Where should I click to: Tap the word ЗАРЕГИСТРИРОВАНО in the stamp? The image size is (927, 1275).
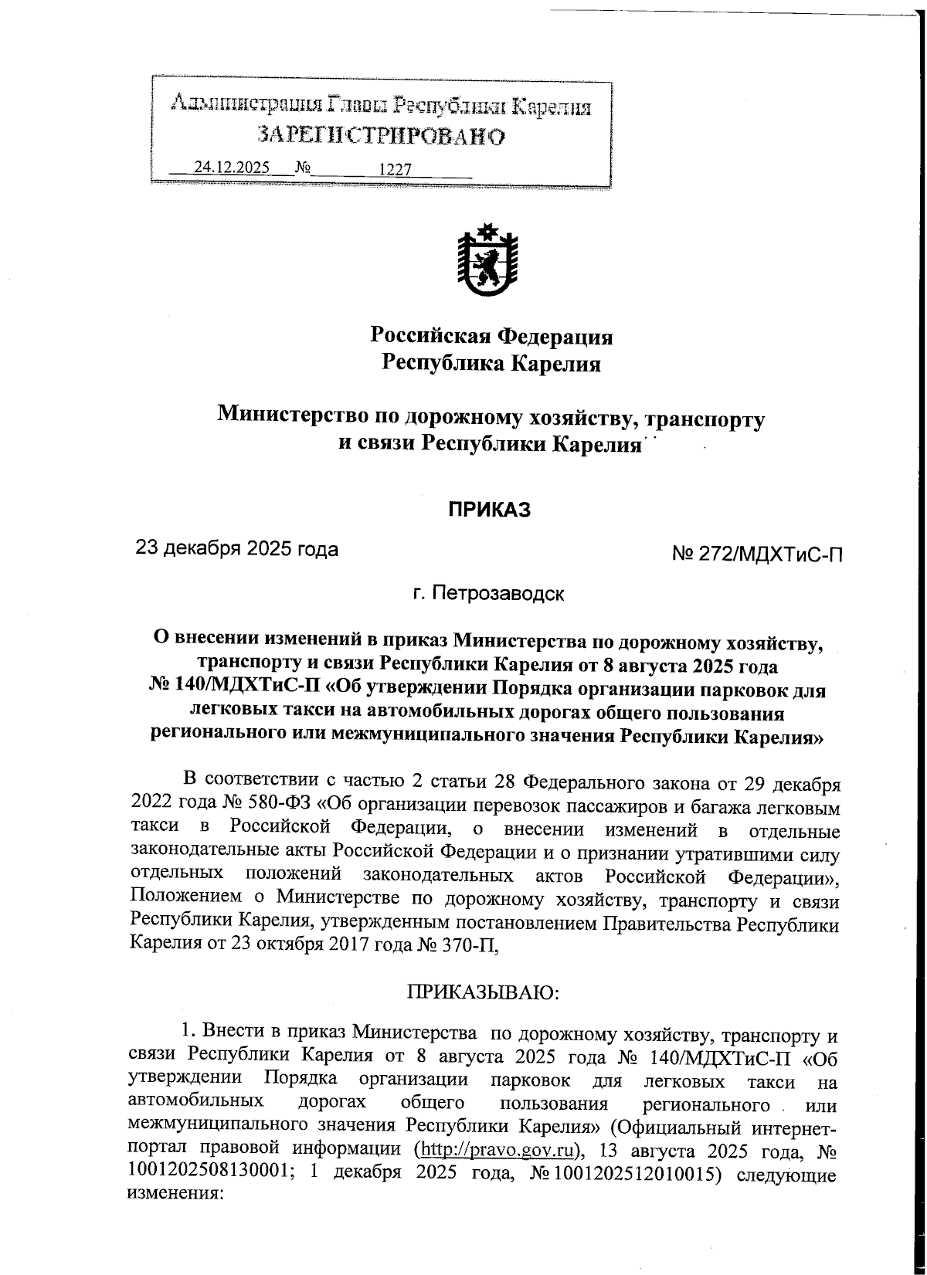click(382, 136)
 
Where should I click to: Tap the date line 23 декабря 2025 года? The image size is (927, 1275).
click(237, 549)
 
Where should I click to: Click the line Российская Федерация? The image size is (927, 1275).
click(492, 336)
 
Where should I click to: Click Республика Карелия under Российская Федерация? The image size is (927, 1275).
click(492, 363)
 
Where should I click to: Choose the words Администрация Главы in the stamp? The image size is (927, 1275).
click(277, 103)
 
